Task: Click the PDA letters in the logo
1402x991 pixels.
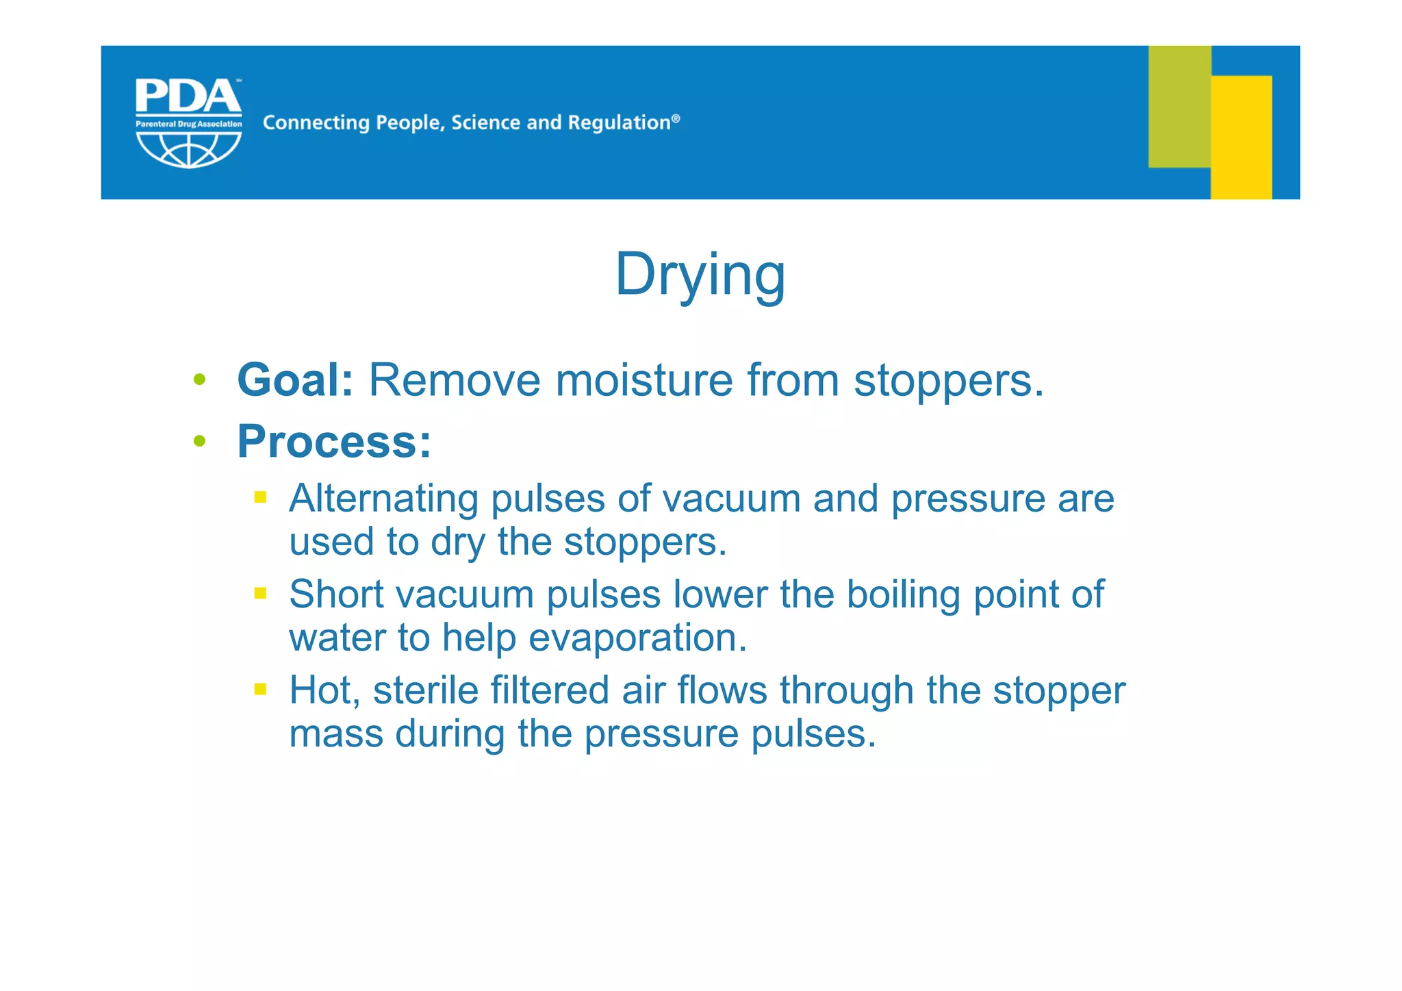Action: click(x=188, y=97)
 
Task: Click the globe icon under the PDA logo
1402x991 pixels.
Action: click(x=188, y=149)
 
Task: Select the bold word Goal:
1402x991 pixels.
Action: click(x=295, y=380)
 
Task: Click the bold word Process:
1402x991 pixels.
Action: click(x=334, y=442)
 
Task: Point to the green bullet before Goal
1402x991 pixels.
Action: click(x=199, y=380)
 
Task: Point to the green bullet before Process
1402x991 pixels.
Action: click(x=199, y=442)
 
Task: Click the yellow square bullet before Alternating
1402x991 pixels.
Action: click(x=260, y=497)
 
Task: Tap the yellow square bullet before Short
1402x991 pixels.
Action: click(x=260, y=593)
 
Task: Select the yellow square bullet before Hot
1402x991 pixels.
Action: click(x=260, y=689)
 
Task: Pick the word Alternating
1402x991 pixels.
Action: click(x=383, y=499)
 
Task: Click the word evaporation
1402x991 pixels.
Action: click(x=637, y=638)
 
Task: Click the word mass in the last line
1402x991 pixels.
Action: click(x=335, y=734)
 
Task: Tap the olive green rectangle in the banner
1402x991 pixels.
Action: click(x=1179, y=106)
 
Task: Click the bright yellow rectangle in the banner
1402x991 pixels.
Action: click(x=1241, y=137)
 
